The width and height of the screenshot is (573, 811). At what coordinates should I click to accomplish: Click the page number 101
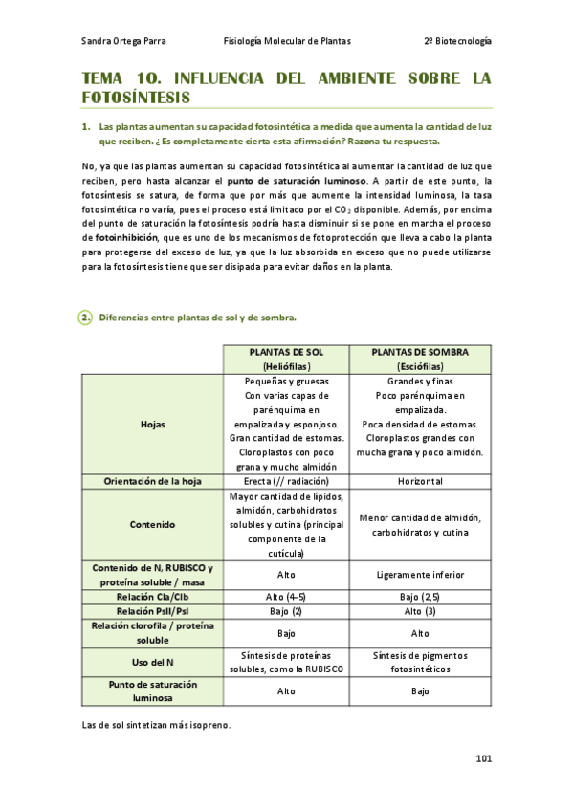coord(483,759)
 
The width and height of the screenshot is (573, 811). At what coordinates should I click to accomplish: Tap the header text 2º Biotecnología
coord(457,41)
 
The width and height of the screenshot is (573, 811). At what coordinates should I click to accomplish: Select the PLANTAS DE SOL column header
coord(287,359)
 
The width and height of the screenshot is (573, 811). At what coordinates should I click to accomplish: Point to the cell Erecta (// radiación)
coord(287,481)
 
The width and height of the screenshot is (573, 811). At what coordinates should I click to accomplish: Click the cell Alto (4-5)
coord(287,596)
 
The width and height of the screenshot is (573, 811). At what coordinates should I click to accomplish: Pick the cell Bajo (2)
coord(287,610)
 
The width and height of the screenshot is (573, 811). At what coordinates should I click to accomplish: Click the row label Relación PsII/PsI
coord(152,610)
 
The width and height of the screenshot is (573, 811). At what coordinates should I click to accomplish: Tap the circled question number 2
coord(85,318)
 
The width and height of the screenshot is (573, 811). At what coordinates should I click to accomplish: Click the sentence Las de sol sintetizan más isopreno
coord(157,725)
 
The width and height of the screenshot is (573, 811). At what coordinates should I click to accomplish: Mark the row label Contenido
coord(152,524)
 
